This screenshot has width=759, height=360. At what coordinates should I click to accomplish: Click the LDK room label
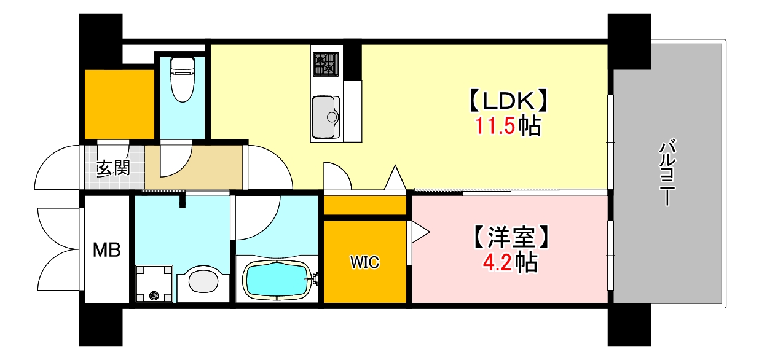(x=508, y=100)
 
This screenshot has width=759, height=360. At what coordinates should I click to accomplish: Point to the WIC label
(x=364, y=262)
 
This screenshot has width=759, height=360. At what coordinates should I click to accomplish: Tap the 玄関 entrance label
(x=114, y=168)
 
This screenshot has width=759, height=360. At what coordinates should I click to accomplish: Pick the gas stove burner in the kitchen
(x=326, y=64)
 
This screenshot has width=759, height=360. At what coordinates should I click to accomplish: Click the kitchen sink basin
(x=326, y=117)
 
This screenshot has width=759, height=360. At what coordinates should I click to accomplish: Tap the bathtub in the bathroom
(x=276, y=280)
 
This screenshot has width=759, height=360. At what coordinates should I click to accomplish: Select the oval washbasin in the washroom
(x=202, y=282)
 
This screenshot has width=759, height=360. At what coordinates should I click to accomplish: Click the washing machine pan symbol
(x=154, y=284)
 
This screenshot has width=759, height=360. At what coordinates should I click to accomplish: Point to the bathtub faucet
(x=315, y=280)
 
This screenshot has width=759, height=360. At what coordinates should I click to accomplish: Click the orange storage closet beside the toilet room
(x=119, y=104)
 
